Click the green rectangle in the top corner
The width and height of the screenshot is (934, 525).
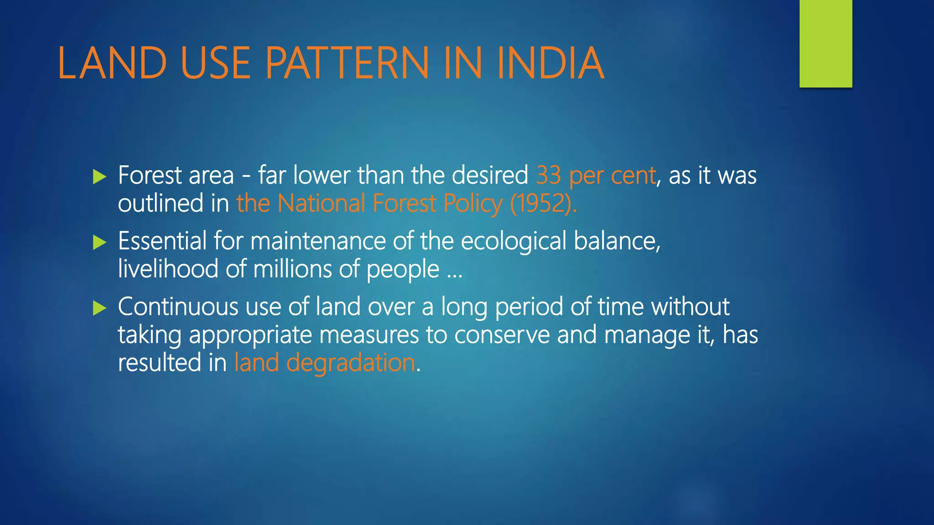point(825,44)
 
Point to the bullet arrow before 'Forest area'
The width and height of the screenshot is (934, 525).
point(99,177)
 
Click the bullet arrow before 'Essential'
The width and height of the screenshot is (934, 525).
point(99,242)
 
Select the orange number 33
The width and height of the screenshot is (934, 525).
point(548,175)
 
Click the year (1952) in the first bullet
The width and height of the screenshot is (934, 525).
point(543,204)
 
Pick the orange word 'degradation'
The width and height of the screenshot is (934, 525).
point(351,363)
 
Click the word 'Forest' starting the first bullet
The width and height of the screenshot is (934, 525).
point(150,175)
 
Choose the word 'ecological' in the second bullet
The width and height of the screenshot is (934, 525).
point(514,241)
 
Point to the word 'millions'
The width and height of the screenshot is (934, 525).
point(292,269)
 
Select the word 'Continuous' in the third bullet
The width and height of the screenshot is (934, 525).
point(178,307)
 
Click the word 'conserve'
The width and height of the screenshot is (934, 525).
point(502,335)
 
